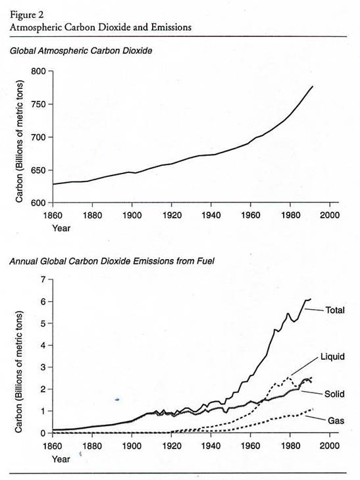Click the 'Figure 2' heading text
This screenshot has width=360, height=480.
point(27,14)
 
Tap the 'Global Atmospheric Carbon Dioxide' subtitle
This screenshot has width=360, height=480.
point(81,51)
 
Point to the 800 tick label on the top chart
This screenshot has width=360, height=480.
point(38,71)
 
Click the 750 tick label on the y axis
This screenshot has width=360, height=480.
point(38,105)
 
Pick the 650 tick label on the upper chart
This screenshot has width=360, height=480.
point(38,170)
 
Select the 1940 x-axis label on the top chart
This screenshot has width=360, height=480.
point(211,215)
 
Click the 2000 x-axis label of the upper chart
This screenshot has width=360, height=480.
point(330,215)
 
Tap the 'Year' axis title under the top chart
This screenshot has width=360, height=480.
point(61,228)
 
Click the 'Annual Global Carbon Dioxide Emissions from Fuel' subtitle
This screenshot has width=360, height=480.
point(112,261)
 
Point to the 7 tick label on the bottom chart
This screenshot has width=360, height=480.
point(43,280)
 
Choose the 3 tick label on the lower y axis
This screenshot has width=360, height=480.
point(43,368)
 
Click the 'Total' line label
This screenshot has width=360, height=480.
point(335,310)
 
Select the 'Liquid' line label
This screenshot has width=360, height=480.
point(332,356)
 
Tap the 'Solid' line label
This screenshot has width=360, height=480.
point(334,394)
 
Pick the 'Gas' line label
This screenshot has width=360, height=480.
point(336,421)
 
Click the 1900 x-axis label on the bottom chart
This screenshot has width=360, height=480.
point(132,446)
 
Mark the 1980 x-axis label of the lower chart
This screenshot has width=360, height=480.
point(290,446)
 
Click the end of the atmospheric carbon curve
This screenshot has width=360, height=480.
point(313,86)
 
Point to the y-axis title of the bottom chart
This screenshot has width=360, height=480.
point(19,372)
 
